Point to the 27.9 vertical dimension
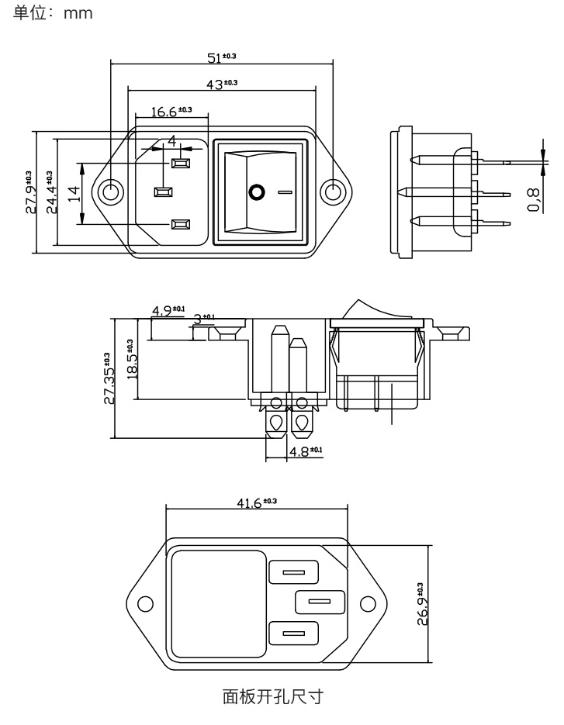[30, 192]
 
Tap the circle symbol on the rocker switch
[256, 191]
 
